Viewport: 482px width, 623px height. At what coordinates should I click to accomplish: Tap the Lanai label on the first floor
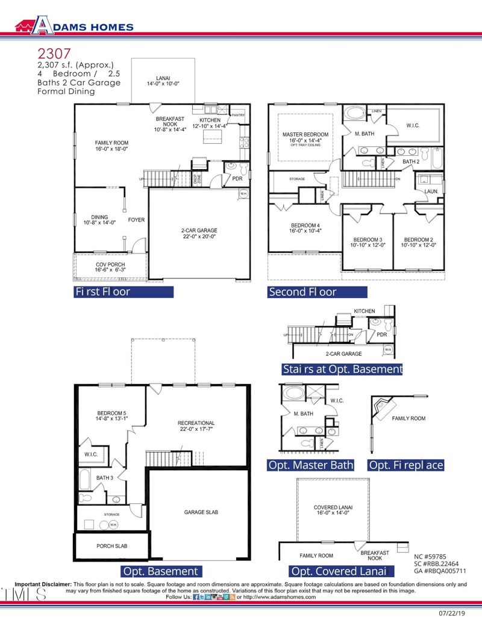pos(163,81)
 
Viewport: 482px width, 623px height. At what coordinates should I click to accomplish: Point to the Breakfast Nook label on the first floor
pos(170,124)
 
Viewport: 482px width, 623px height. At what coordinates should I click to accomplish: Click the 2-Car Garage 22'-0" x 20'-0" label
pos(199,234)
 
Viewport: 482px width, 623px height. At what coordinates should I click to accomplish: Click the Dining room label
pos(99,220)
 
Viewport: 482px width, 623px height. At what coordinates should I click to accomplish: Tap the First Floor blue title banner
pos(124,292)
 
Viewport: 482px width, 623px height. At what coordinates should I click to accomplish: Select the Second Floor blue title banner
pos(318,292)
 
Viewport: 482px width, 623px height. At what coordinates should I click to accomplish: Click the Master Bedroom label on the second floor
pos(305,137)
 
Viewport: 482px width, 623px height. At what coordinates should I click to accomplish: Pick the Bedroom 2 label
pos(419,242)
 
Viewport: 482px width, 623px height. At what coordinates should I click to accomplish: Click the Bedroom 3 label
pos(368,242)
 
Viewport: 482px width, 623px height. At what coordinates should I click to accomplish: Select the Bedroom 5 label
pos(112,416)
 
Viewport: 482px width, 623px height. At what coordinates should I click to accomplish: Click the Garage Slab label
pos(201,512)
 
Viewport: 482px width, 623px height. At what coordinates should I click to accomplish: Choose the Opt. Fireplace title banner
pos(406,465)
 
